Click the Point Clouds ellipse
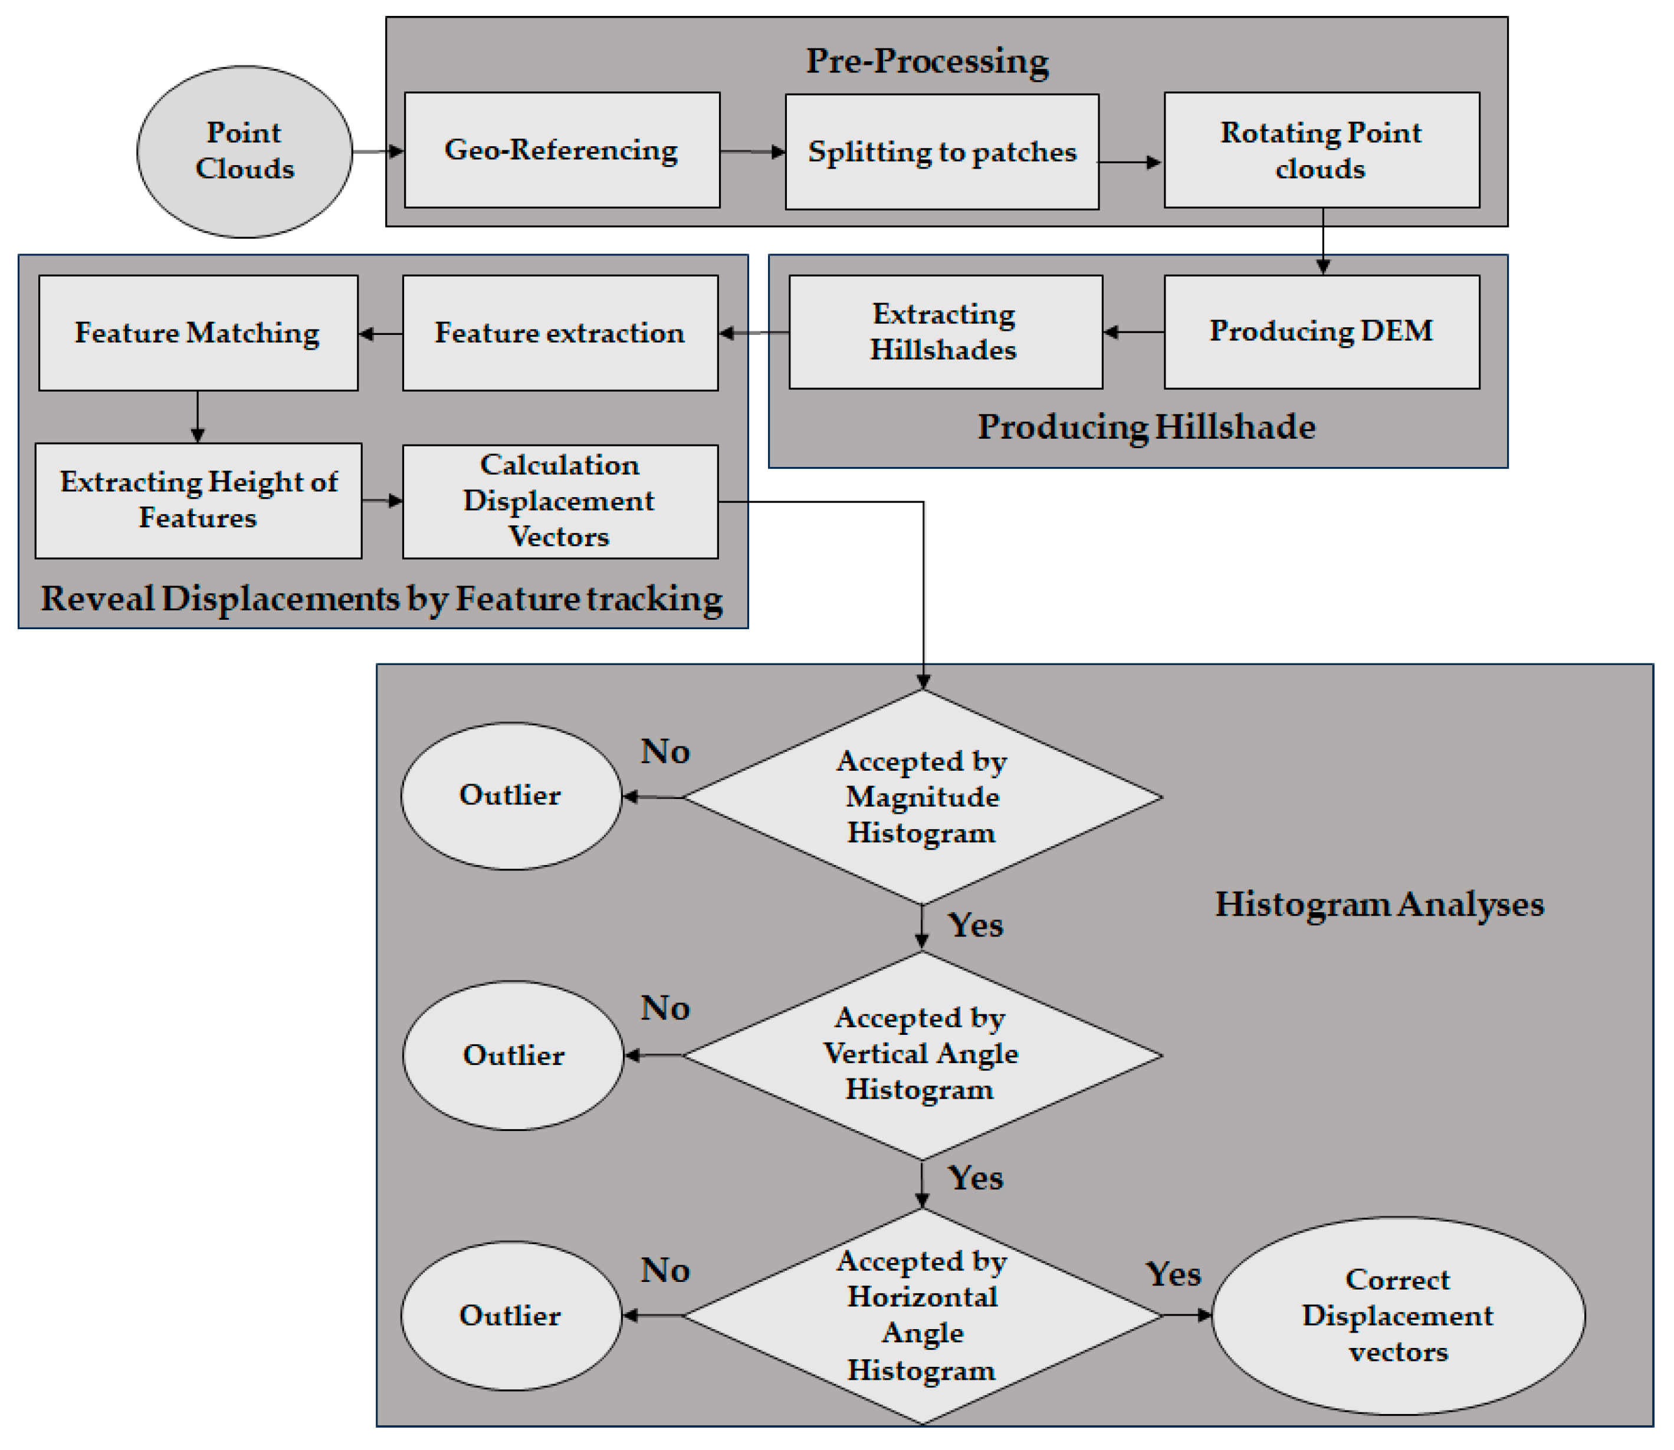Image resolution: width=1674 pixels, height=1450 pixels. pos(244,152)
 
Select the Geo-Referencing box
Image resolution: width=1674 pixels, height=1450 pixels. pos(561,150)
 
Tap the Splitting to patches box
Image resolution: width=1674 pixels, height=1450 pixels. pos(941,152)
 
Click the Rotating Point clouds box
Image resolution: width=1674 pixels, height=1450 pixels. pos(1321,150)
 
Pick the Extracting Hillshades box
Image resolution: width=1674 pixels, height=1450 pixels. pos(945,332)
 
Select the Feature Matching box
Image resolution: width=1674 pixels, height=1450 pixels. pos(198,333)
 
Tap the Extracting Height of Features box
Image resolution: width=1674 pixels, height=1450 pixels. pos(198,500)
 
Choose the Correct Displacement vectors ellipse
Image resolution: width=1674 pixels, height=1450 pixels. pos(1397,1315)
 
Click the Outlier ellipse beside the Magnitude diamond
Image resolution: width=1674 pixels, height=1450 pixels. pos(511,795)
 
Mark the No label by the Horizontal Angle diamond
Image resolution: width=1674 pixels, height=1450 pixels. pos(665,1270)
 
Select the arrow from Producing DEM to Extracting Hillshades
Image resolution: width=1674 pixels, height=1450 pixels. pos(1133,332)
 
